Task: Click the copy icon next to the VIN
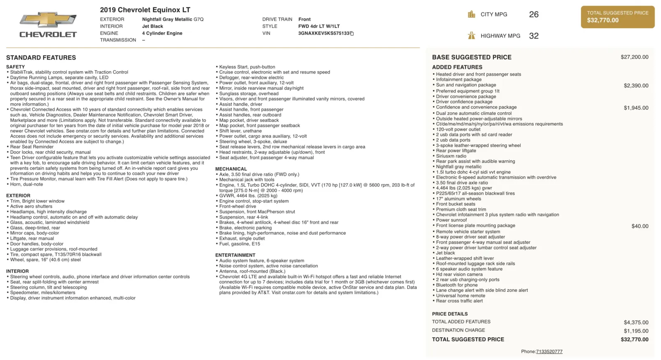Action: click(352, 33)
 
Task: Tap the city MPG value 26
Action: click(534, 14)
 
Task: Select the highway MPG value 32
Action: click(534, 36)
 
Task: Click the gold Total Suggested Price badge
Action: click(618, 17)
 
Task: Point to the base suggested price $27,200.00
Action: click(634, 57)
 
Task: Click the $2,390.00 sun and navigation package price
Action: click(636, 86)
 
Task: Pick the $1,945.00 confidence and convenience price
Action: click(636, 108)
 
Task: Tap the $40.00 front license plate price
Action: click(640, 226)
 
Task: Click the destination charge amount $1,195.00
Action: click(636, 331)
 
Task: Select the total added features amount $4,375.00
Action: click(636, 322)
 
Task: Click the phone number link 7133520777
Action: click(549, 352)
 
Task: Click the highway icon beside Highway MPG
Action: click(471, 36)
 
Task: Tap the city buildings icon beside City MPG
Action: click(471, 14)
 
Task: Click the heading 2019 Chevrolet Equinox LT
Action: click(145, 10)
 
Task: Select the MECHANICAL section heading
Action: click(231, 169)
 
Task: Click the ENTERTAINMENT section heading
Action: click(235, 255)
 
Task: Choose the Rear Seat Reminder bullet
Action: click(32, 147)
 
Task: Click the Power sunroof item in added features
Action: click(451, 220)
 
